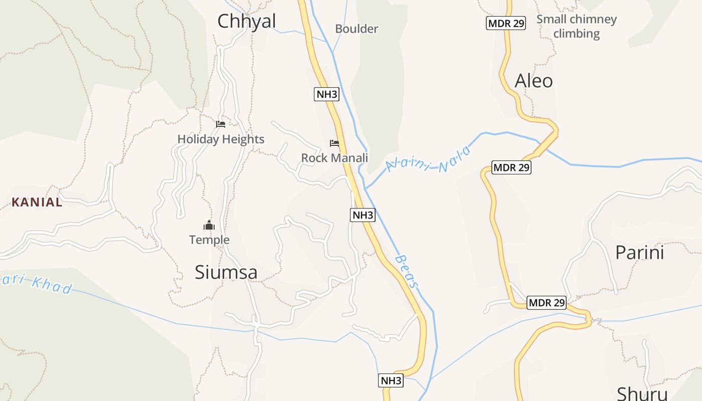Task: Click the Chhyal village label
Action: pos(247,22)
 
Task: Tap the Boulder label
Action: pos(357,29)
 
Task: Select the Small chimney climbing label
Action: pos(577,27)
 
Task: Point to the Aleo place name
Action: pos(534,81)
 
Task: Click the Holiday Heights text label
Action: pos(221,139)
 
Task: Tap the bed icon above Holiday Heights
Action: pos(221,124)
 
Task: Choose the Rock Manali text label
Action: pos(334,158)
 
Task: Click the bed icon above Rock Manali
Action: pos(334,143)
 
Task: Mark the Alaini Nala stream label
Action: pos(429,159)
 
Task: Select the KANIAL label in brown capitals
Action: pos(37,203)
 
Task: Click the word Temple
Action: pos(209,240)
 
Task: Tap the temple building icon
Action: pos(209,226)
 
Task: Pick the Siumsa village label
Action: pos(226,272)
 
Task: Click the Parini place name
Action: pos(639,252)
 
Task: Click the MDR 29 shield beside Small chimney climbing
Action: pos(506,23)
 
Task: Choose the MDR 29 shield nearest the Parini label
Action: pos(547,303)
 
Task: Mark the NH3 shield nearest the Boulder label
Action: pos(326,94)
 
